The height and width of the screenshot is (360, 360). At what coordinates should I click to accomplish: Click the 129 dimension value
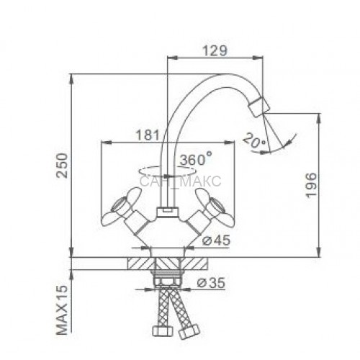tap(215, 50)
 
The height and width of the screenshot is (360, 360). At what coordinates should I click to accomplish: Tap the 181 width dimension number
tap(148, 135)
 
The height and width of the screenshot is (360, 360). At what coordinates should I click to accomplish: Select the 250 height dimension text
tap(62, 166)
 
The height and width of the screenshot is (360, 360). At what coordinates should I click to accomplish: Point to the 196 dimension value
tap(311, 185)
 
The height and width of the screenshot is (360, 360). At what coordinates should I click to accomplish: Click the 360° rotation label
tap(196, 159)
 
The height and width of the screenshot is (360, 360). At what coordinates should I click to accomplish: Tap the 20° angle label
tap(254, 141)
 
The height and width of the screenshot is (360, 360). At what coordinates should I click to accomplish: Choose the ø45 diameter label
tap(216, 240)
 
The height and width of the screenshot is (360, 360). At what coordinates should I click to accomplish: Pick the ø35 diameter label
tap(211, 283)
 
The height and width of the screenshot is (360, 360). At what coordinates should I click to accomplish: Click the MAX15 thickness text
tap(62, 310)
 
